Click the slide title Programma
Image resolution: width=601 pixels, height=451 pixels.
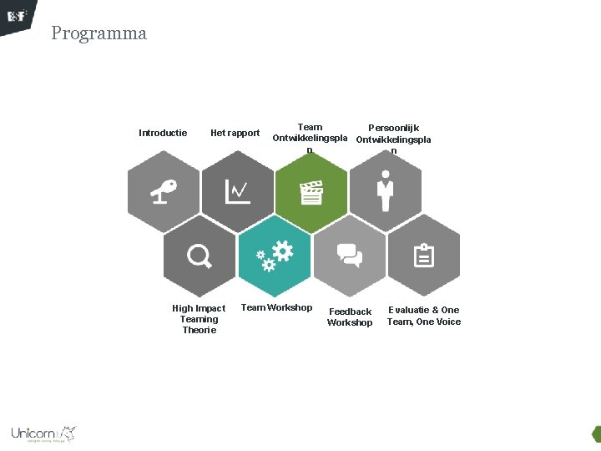pos(98,33)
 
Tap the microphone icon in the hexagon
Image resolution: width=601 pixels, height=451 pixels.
pos(164,192)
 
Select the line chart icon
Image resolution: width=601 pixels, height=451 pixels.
pos(238,192)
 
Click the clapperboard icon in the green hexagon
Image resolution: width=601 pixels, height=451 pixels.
pos(311,193)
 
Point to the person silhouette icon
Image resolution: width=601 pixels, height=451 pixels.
pos(385,191)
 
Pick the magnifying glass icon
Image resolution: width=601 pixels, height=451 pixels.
pos(199,256)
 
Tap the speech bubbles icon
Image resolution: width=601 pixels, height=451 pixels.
pos(349,256)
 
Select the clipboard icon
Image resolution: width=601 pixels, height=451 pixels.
pos(424,256)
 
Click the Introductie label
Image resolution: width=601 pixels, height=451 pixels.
pos(163,133)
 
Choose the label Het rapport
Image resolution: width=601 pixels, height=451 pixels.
pos(235,133)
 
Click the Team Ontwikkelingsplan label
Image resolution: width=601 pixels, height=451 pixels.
pos(310,139)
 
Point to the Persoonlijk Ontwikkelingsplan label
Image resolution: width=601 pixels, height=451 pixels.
pos(393,139)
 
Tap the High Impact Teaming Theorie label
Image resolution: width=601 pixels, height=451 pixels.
pos(199,319)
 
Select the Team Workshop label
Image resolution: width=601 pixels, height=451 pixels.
pos(276,307)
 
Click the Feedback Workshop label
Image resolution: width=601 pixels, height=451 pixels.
pos(350,317)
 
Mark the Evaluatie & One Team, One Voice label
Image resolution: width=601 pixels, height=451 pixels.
pos(423,316)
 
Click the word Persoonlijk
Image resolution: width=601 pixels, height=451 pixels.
pos(394,128)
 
